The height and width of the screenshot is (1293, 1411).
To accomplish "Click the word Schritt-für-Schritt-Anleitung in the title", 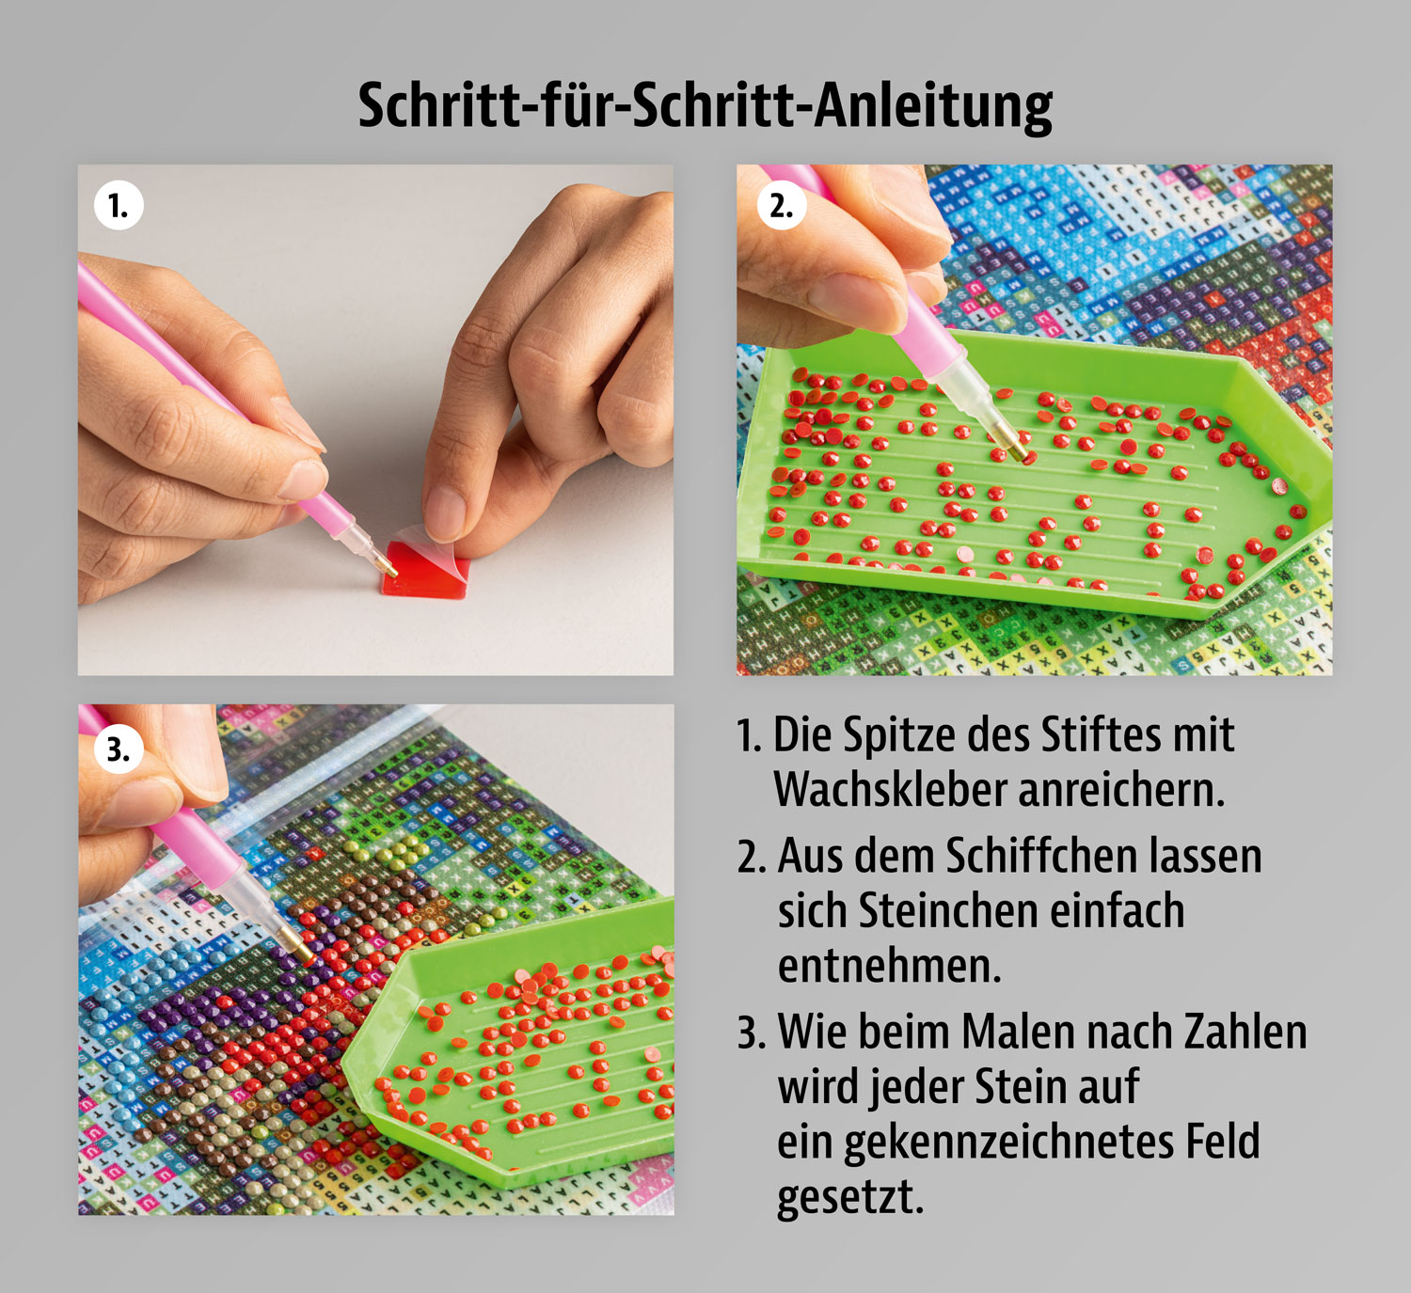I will (705, 105).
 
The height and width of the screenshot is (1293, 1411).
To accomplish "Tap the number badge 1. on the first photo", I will (119, 206).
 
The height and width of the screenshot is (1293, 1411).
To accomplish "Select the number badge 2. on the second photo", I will (781, 206).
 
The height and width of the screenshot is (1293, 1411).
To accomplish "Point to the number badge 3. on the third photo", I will (119, 749).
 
